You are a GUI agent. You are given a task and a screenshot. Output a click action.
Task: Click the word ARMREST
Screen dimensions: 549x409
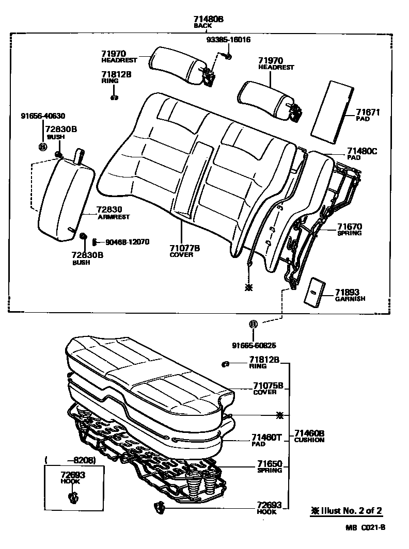pyautogui.click(x=114, y=217)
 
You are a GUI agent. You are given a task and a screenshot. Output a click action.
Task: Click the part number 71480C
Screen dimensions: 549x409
pyautogui.click(x=362, y=151)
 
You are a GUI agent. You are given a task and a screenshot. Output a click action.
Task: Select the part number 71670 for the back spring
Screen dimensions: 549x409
pyautogui.click(x=350, y=226)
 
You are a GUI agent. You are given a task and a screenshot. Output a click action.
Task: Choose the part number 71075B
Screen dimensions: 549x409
pyautogui.click(x=268, y=385)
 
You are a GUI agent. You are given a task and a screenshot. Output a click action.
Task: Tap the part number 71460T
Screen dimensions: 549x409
pyautogui.click(x=266, y=438)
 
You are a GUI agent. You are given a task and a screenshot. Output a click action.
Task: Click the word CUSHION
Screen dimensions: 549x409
pyautogui.click(x=309, y=440)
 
